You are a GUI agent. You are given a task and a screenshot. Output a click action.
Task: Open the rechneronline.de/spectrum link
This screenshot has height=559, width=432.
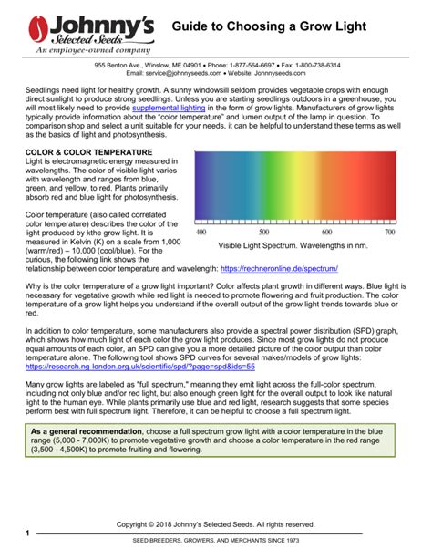coord(279,269)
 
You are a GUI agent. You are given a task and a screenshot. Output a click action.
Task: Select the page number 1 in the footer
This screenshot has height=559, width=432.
coord(28,533)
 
